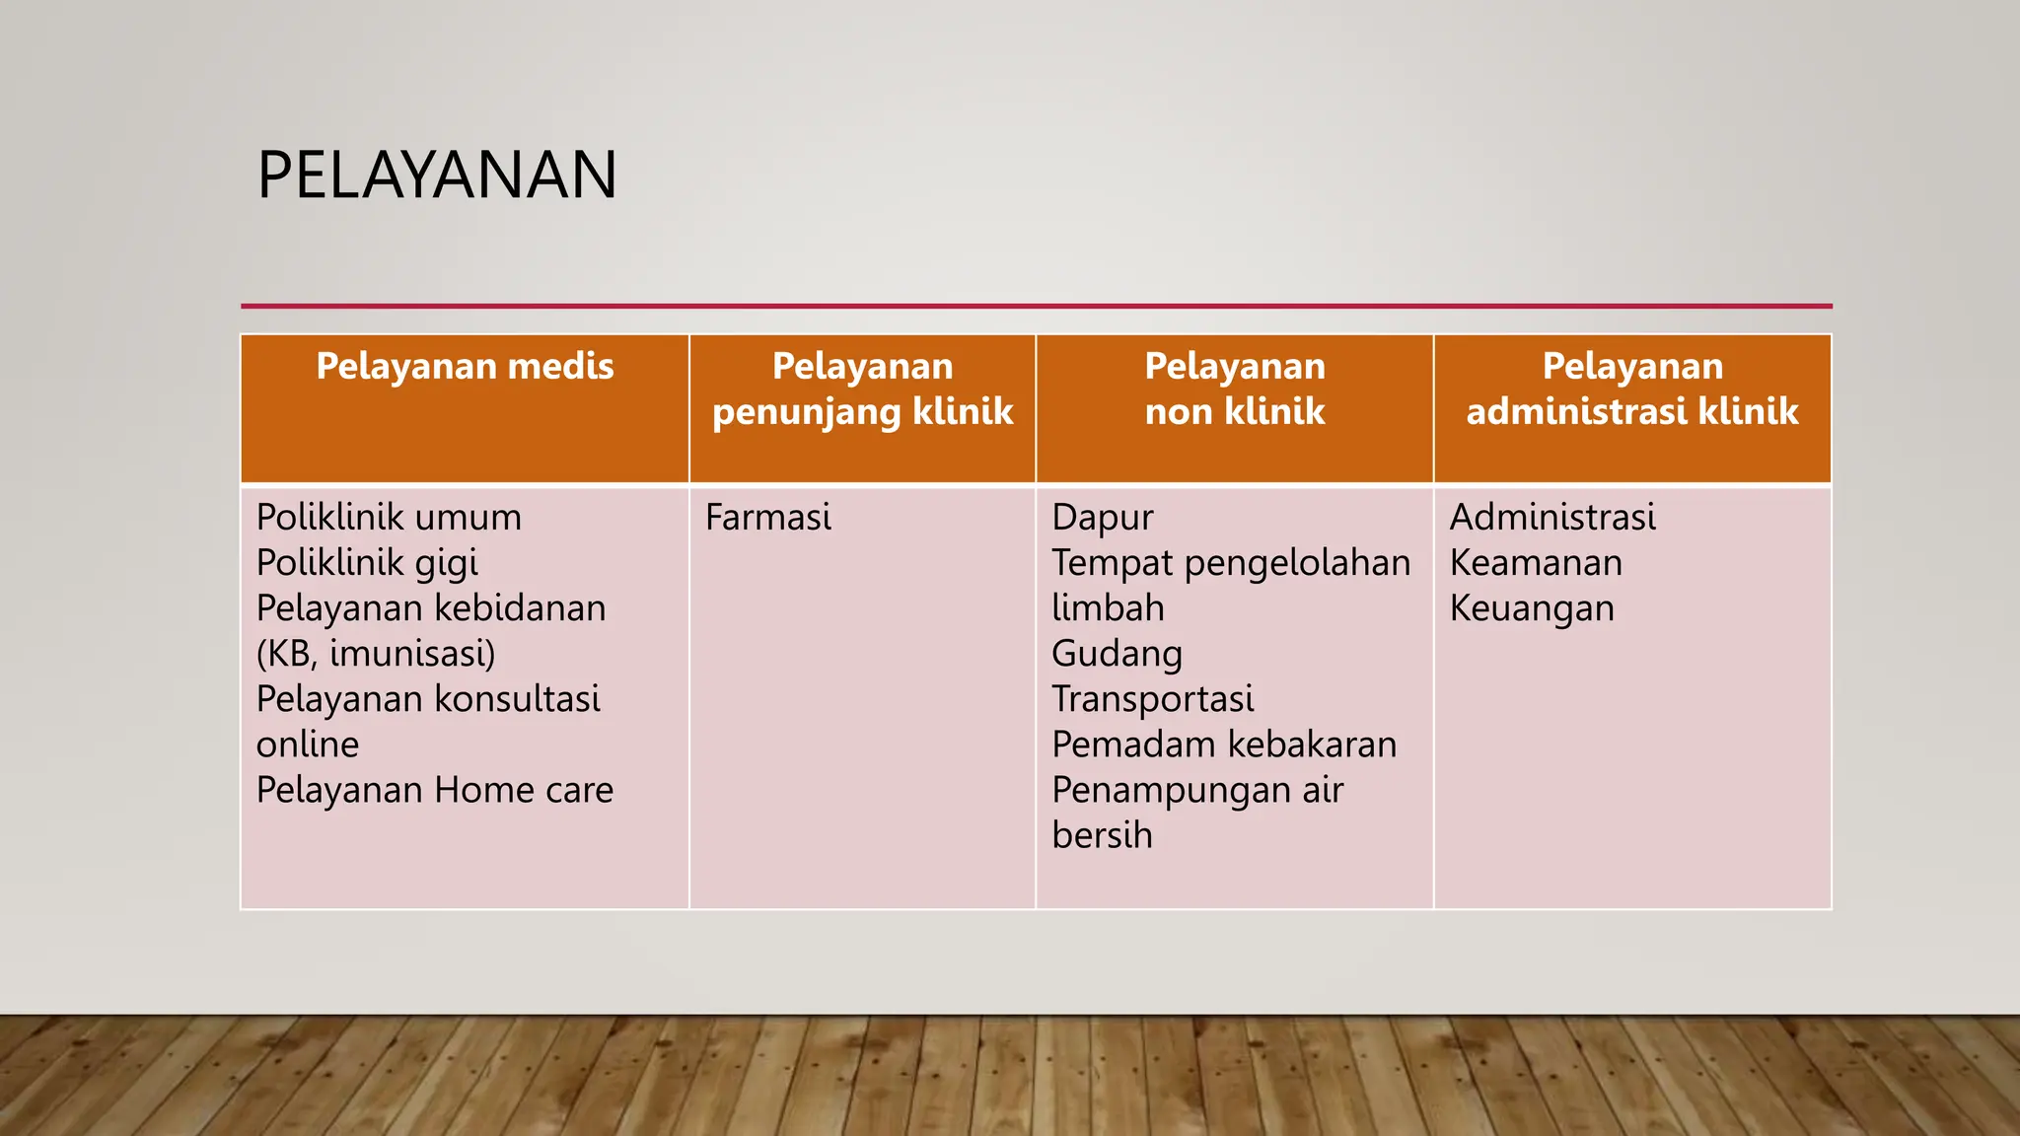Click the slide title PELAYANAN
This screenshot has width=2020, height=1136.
click(x=437, y=176)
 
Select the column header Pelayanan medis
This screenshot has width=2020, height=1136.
click(x=465, y=367)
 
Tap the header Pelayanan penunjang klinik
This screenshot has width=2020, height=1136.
click(x=862, y=389)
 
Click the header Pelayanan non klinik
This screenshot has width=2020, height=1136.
click(x=1234, y=389)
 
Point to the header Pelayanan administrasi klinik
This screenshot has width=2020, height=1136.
click(x=1632, y=389)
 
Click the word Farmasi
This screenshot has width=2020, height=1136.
click(x=767, y=518)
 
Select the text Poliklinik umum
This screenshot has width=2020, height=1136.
click(x=389, y=518)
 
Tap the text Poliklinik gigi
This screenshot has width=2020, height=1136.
click(x=367, y=563)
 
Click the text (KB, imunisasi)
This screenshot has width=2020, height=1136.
click(x=376, y=654)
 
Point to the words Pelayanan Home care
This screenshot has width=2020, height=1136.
click(x=434, y=790)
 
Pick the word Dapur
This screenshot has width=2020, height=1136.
click(x=1102, y=518)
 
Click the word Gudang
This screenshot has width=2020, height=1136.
click(x=1117, y=654)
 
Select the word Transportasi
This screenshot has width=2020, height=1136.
click(x=1152, y=699)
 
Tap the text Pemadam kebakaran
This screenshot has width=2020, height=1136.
click(x=1223, y=745)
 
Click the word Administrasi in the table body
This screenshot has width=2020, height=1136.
click(x=1552, y=518)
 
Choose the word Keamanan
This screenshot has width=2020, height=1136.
click(x=1536, y=563)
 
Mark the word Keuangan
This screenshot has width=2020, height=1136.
click(x=1532, y=608)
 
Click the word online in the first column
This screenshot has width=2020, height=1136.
click(x=308, y=745)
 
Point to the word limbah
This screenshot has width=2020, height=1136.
click(x=1108, y=608)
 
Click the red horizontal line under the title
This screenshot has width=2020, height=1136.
click(x=1036, y=306)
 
